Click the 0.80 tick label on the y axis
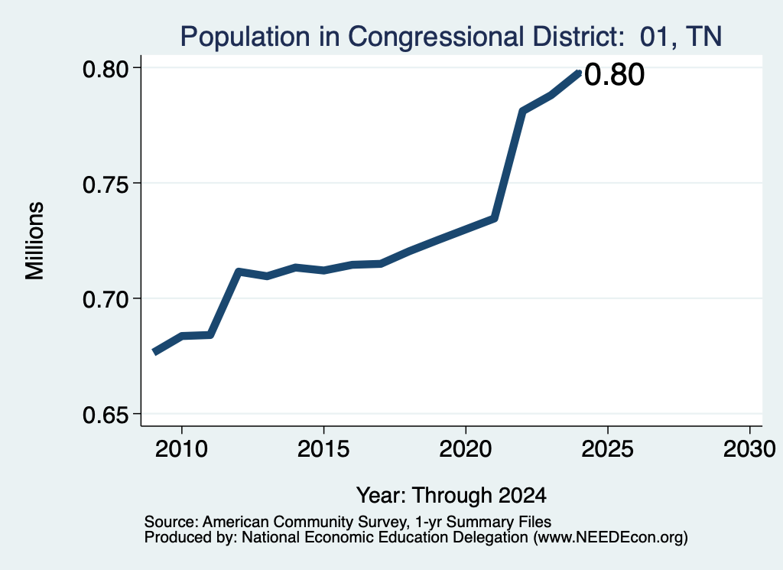point(106,69)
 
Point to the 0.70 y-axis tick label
point(106,300)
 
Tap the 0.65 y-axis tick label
point(106,415)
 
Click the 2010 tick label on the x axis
point(181,449)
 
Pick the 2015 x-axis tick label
point(323,449)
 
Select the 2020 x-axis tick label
point(466,449)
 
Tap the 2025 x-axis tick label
point(608,449)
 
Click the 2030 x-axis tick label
point(749,449)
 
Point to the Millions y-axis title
point(35,240)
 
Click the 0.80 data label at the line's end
point(614,75)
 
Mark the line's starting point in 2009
point(154,352)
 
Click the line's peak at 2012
point(239,272)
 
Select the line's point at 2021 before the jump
point(494,218)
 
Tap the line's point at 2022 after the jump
point(522,110)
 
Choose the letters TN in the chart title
point(703,37)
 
